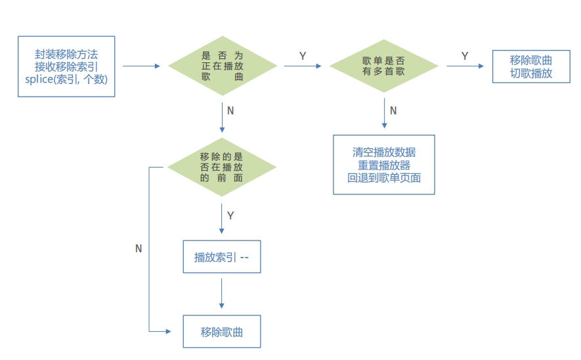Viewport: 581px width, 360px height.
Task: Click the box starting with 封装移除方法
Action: [x=66, y=66]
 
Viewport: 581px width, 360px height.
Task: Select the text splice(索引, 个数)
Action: [x=66, y=79]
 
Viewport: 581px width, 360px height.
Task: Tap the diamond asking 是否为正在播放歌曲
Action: [x=222, y=66]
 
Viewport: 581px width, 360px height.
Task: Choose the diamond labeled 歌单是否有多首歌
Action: [x=383, y=66]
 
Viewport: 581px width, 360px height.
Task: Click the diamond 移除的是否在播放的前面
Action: [x=222, y=167]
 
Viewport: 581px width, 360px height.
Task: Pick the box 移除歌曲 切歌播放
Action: [x=531, y=66]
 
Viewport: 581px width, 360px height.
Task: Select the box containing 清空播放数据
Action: [x=383, y=164]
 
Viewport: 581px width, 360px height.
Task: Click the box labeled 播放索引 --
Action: [x=221, y=258]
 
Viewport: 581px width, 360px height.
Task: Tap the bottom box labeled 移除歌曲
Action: [x=221, y=332]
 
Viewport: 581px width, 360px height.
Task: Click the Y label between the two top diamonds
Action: [x=303, y=56]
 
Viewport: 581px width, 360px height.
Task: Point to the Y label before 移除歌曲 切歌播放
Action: [x=465, y=56]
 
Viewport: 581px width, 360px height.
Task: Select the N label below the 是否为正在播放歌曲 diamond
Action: [x=230, y=110]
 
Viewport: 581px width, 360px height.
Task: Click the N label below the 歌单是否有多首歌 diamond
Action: [x=393, y=110]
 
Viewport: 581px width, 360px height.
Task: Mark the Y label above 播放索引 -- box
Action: [x=230, y=215]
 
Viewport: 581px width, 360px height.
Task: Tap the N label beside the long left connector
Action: [x=139, y=249]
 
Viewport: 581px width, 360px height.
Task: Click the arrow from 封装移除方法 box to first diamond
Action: [x=141, y=66]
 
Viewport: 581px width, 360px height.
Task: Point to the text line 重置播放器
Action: [x=383, y=165]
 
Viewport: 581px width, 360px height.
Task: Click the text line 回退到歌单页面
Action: [x=383, y=177]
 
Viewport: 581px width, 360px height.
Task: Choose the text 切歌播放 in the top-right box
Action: [x=531, y=74]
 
